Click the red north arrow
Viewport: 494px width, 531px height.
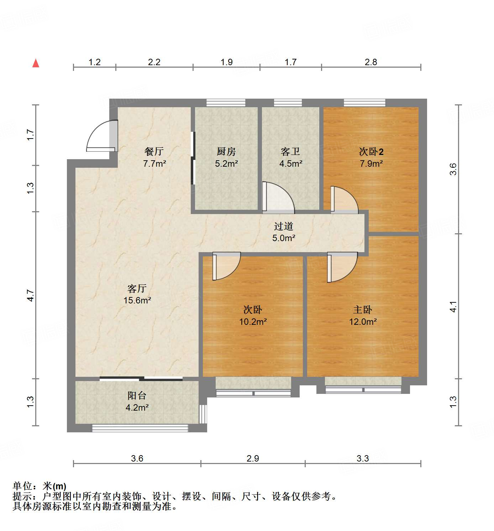(36, 63)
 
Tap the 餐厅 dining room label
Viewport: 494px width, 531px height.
(154, 151)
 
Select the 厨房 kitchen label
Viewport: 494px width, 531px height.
(226, 151)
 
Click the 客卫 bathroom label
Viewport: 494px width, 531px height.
(290, 152)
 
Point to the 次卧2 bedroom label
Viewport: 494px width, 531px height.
(371, 152)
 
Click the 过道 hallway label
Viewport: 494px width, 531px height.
(284, 226)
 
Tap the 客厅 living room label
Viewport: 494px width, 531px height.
(137, 288)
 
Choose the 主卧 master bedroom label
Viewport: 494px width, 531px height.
(363, 309)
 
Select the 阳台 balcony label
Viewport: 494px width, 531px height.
(137, 395)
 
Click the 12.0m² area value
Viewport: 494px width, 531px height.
(363, 322)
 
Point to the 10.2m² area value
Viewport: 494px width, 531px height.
(253, 322)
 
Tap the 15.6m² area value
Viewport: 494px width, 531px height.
(137, 300)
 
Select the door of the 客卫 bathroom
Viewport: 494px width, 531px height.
(277, 198)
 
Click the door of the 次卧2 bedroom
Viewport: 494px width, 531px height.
(343, 200)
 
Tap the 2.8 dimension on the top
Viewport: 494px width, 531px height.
(371, 62)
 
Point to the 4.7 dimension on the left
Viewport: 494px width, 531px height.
(31, 296)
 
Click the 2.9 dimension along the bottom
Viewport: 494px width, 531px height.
(253, 458)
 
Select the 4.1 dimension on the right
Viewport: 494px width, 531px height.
(453, 307)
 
